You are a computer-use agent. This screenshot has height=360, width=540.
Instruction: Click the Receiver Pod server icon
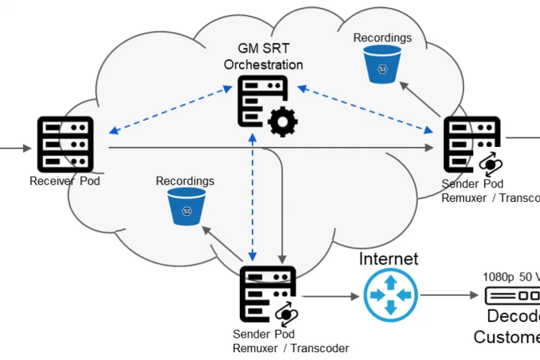point(65,144)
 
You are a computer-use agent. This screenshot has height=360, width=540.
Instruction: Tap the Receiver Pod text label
point(65,181)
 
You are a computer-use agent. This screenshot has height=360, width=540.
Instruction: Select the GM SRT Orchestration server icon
point(262,101)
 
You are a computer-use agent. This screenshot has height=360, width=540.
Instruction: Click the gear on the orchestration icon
point(282,122)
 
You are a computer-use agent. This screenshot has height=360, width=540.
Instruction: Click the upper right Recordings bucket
point(382,63)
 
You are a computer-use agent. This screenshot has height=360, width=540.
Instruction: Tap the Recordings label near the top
point(382,38)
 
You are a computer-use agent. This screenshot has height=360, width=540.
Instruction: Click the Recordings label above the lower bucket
point(185,181)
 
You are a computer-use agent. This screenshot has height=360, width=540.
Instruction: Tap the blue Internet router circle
point(390,295)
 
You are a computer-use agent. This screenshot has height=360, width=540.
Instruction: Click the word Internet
point(388,259)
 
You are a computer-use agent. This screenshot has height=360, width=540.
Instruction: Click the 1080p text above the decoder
point(498,277)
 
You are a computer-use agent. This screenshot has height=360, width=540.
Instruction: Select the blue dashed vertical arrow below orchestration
point(252,197)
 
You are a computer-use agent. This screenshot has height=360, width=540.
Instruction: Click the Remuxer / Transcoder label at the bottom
point(290,347)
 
